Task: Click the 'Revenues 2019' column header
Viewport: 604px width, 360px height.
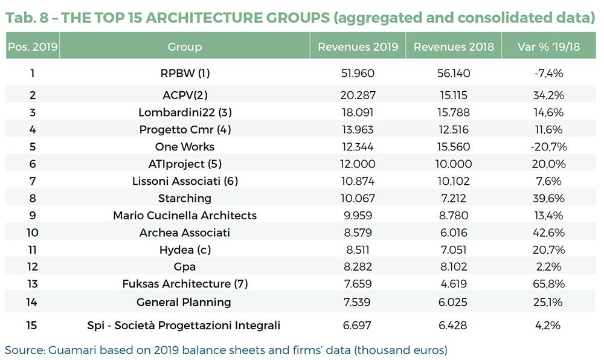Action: click(x=358, y=47)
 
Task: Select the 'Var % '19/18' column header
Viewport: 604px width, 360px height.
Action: click(x=549, y=47)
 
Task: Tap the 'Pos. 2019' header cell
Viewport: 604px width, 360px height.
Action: click(x=32, y=47)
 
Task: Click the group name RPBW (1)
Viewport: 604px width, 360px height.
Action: click(x=185, y=74)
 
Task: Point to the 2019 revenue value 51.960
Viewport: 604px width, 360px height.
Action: click(x=358, y=74)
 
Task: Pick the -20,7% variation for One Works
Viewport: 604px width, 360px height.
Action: click(x=549, y=147)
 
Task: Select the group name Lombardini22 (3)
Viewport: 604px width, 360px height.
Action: click(x=185, y=112)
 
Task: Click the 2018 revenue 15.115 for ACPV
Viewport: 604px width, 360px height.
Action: click(x=454, y=95)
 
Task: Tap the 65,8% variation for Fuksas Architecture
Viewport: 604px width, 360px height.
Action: click(x=549, y=284)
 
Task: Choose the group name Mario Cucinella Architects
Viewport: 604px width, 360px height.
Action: click(x=185, y=216)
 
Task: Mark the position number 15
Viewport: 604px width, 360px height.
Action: click(x=32, y=326)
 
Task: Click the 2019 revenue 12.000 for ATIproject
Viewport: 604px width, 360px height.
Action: click(x=358, y=164)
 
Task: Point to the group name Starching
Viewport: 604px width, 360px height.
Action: click(x=185, y=198)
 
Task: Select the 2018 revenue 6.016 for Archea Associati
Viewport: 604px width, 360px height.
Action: click(x=454, y=233)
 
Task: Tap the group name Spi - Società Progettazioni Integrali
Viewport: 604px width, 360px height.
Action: click(x=185, y=326)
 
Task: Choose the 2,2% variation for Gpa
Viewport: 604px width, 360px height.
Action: click(x=549, y=266)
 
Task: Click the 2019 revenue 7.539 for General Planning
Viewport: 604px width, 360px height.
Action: click(x=358, y=302)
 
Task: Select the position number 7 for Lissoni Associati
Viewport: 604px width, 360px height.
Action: click(x=32, y=181)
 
